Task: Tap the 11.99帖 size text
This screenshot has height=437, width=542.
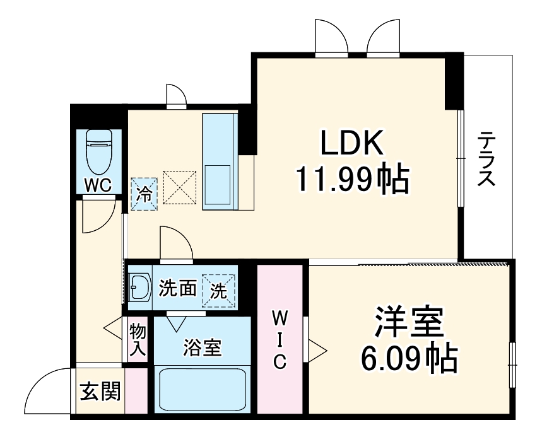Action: tap(352, 180)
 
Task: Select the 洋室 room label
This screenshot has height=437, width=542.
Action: tap(409, 324)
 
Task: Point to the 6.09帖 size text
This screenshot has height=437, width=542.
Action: tap(408, 359)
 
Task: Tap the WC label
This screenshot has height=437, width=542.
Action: tap(98, 185)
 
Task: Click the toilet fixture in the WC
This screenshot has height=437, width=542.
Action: tap(98, 151)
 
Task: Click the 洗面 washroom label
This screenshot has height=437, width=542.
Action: tap(177, 289)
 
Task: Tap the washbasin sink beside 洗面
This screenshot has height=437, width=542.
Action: tap(139, 289)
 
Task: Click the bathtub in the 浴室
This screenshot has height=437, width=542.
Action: tap(202, 390)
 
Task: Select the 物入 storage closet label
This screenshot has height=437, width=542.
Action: tap(137, 341)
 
